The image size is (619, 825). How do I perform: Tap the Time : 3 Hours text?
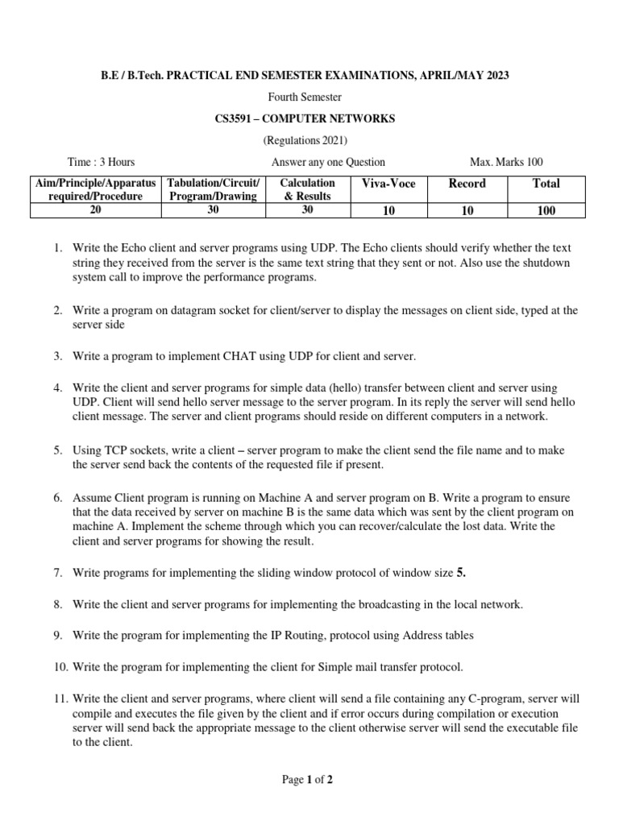[102, 162]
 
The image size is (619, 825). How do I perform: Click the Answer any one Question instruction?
[328, 162]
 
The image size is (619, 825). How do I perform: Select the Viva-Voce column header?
[389, 184]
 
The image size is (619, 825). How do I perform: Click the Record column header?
[467, 184]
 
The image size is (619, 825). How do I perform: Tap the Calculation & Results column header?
[307, 189]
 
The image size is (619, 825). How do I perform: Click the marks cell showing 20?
[95, 210]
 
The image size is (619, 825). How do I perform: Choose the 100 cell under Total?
[546, 211]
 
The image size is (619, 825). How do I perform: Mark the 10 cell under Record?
[467, 211]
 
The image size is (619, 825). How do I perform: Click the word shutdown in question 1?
[552, 263]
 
